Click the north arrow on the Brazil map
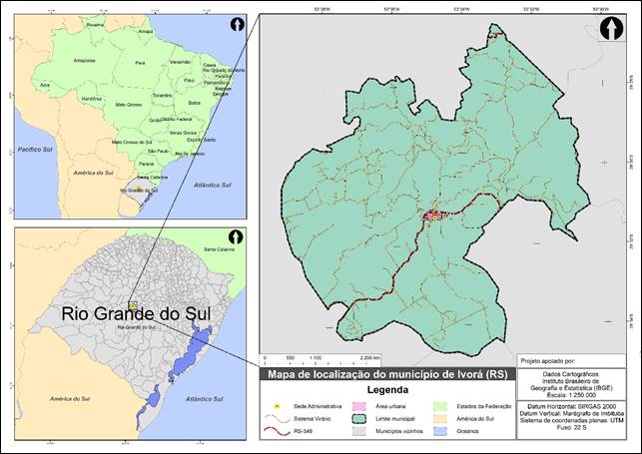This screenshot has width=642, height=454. pos(236,24)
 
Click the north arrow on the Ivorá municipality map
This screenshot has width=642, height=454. pos(610,30)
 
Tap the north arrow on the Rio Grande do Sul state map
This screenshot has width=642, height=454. pos(236,237)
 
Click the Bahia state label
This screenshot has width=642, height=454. pos(195,102)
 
